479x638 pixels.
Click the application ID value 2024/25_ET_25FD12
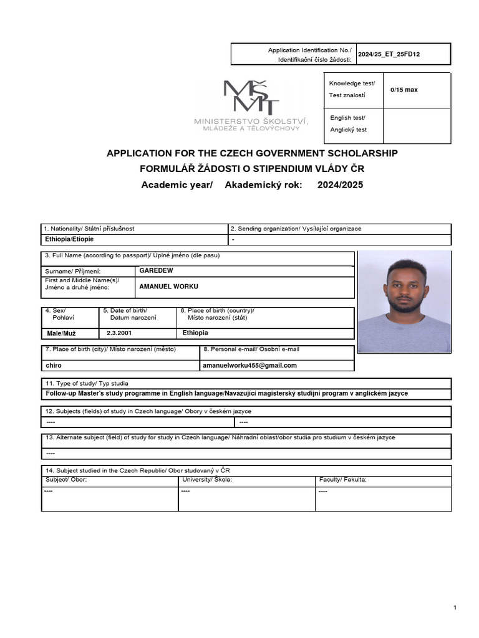point(389,54)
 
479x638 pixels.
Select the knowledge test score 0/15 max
point(404,90)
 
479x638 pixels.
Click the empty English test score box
point(416,125)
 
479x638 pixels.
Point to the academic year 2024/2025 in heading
point(340,185)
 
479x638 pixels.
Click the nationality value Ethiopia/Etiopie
point(70,239)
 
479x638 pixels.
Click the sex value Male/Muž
point(61,333)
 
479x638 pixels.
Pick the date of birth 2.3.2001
point(119,333)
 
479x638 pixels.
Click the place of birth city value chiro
point(54,365)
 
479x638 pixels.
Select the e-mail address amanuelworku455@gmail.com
point(249,365)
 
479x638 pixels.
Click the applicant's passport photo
point(404,302)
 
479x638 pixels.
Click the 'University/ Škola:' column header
point(207,480)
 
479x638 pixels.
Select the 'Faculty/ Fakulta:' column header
point(342,480)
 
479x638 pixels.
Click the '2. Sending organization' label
point(296,229)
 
